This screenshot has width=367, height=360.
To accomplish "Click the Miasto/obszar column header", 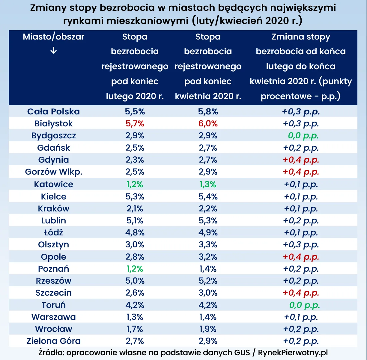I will click(x=54, y=37).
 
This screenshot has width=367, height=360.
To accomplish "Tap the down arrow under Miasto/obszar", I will click(x=53, y=51).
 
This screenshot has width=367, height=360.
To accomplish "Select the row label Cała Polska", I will click(x=54, y=111).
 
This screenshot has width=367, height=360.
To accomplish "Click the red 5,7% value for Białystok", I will click(x=135, y=123).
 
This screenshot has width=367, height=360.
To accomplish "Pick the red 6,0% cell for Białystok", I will click(x=208, y=123).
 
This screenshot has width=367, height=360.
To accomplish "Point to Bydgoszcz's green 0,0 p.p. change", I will click(x=303, y=136).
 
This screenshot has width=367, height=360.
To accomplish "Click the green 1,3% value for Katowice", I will click(x=208, y=184).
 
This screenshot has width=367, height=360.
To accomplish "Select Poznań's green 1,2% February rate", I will click(x=135, y=269).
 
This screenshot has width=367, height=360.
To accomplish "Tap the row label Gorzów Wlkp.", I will click(x=54, y=172).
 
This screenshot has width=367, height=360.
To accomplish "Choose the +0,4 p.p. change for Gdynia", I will click(x=301, y=160).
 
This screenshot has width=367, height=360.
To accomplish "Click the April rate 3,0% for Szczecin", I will click(x=208, y=293).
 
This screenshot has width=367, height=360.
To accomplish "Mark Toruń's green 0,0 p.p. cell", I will click(x=304, y=305).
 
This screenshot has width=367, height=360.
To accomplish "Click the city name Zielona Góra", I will click(x=54, y=341).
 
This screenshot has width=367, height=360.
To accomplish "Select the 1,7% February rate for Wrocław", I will click(x=135, y=329).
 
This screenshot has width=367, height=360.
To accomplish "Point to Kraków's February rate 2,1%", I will click(x=135, y=208).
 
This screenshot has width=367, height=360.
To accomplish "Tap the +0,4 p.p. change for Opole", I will click(x=301, y=257).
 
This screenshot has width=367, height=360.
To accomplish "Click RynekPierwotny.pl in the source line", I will click(x=293, y=353).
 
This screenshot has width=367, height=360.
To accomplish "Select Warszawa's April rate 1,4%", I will click(x=208, y=317).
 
